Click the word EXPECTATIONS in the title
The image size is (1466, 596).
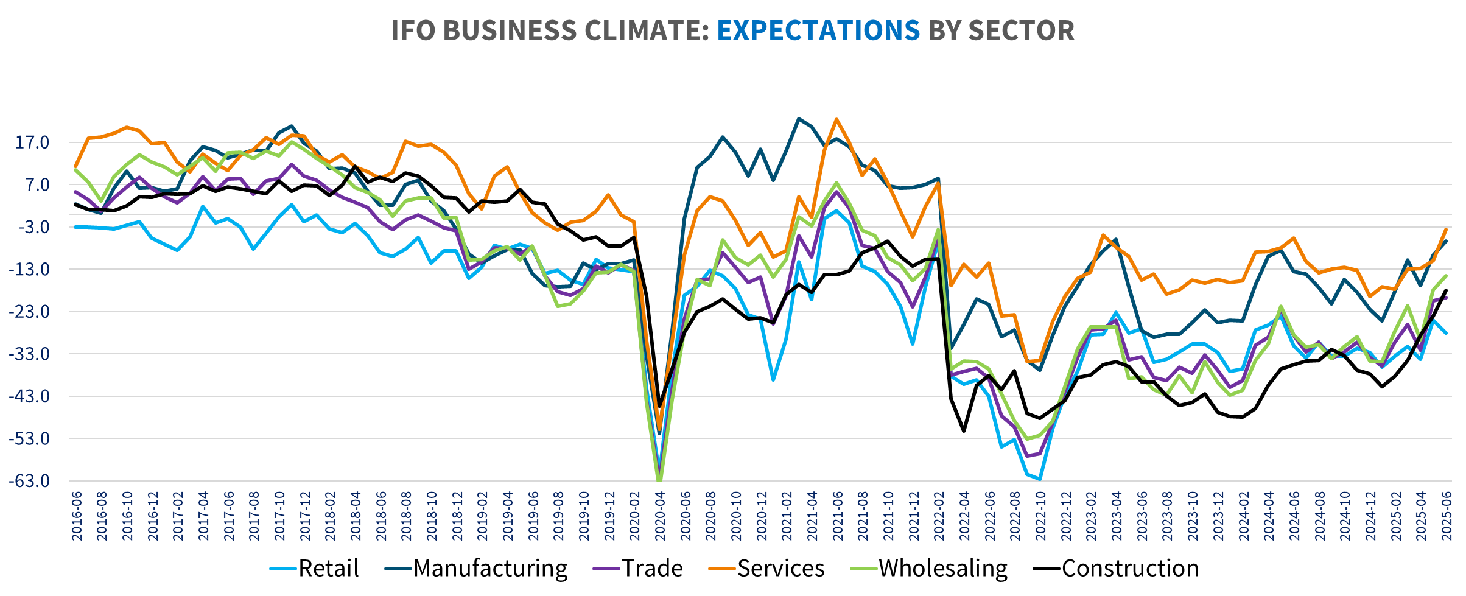pos(818,30)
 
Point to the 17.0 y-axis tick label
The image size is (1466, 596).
pos(32,142)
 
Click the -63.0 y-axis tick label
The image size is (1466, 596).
pos(29,481)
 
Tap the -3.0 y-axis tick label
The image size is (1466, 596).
pos(32,227)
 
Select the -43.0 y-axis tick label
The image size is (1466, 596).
pos(29,396)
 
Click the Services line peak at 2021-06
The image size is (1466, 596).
pos(837,119)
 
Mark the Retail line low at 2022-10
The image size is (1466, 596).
pos(1040,479)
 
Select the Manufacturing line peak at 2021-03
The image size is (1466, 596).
pos(799,119)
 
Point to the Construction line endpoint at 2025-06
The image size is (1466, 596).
pos(1446,290)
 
